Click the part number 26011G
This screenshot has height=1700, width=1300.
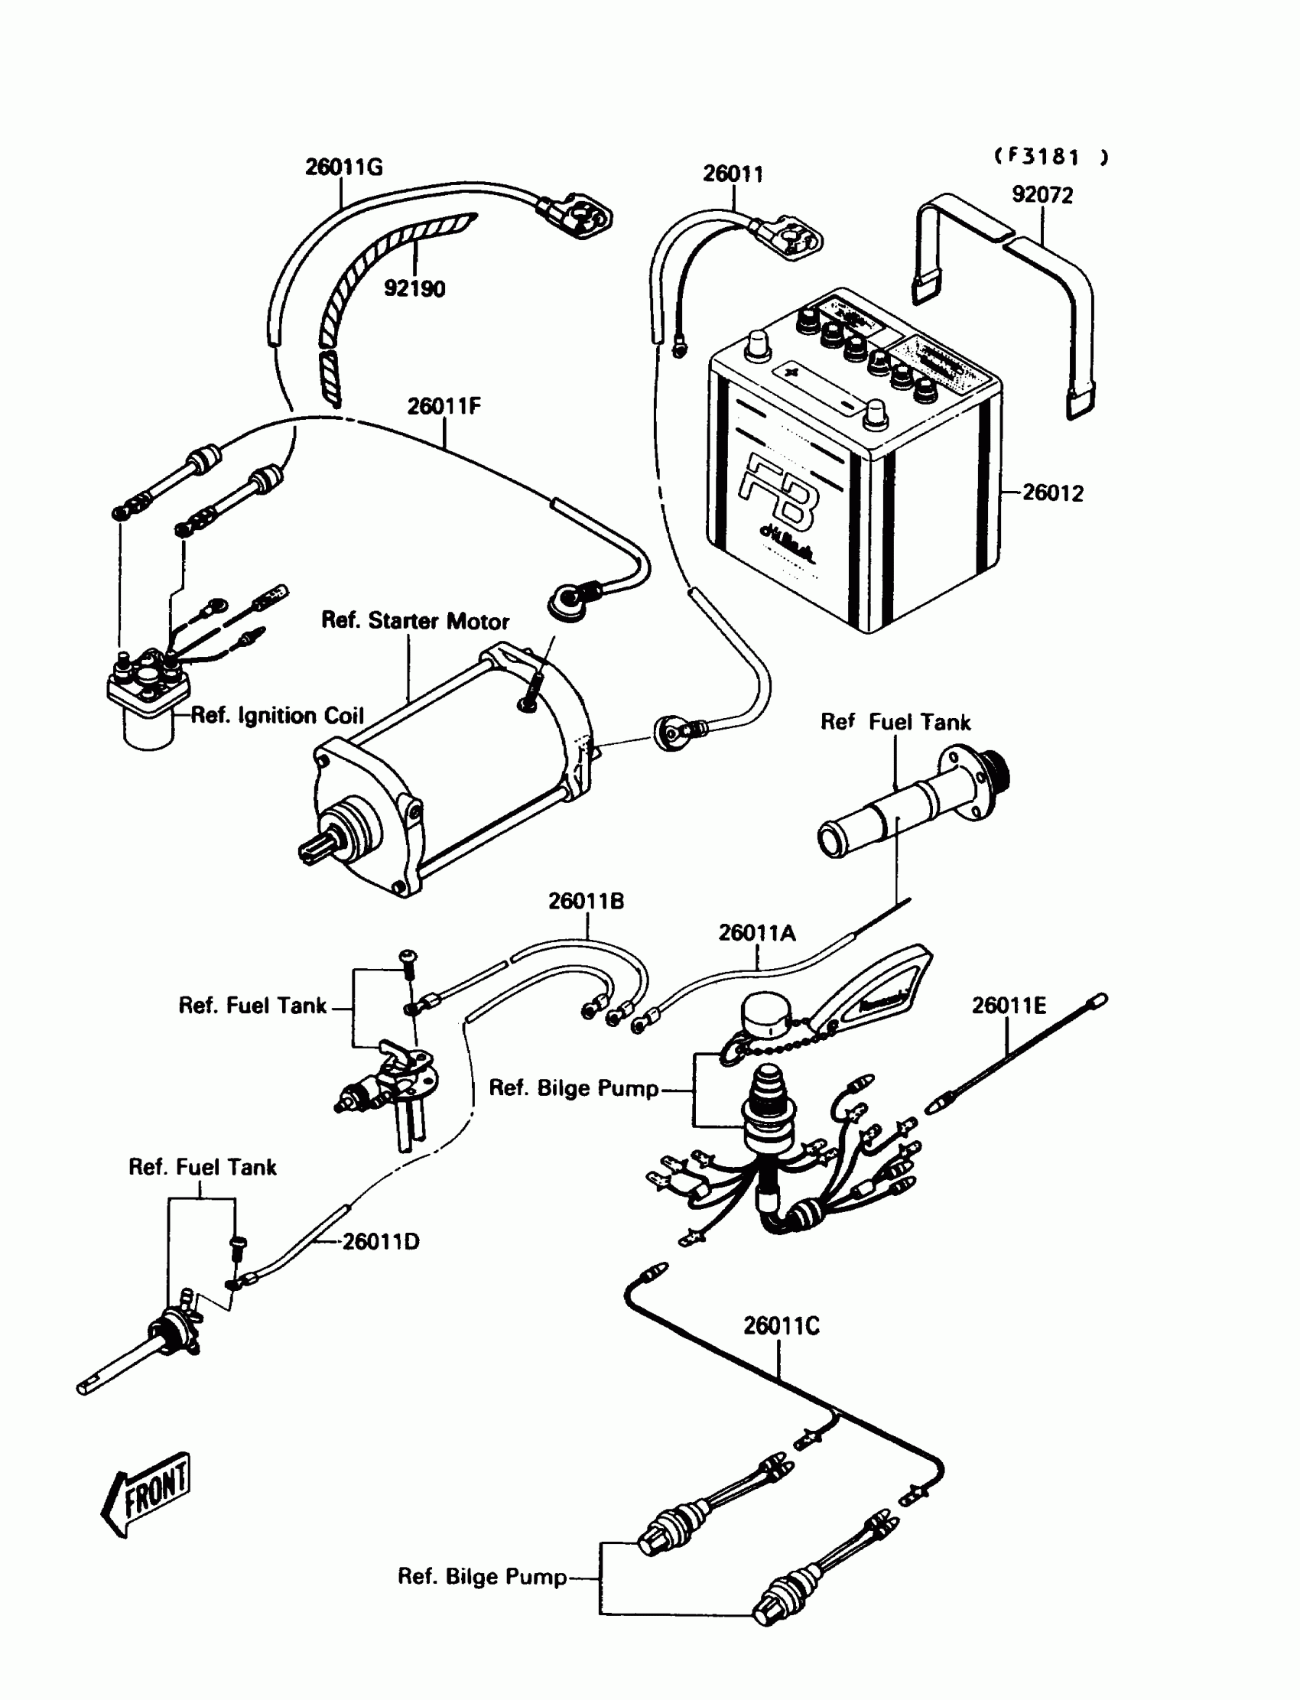(343, 167)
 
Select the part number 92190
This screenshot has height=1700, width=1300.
(414, 288)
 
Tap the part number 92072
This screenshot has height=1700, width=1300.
(1042, 195)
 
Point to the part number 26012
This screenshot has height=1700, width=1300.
(1052, 493)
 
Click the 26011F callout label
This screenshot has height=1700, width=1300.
(444, 406)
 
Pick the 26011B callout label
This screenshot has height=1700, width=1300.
(586, 902)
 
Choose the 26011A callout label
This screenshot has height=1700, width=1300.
(756, 933)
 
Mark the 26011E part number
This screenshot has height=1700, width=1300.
(1009, 1006)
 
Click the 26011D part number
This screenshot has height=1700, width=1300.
(381, 1242)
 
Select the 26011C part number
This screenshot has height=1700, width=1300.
(781, 1326)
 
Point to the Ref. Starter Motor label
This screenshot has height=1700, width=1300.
(414, 622)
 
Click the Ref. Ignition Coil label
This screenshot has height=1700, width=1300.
(276, 716)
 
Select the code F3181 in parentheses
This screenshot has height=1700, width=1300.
(1050, 157)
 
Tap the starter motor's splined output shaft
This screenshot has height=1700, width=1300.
(320, 846)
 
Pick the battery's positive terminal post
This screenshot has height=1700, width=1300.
(758, 346)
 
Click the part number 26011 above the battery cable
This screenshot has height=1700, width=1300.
(732, 174)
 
